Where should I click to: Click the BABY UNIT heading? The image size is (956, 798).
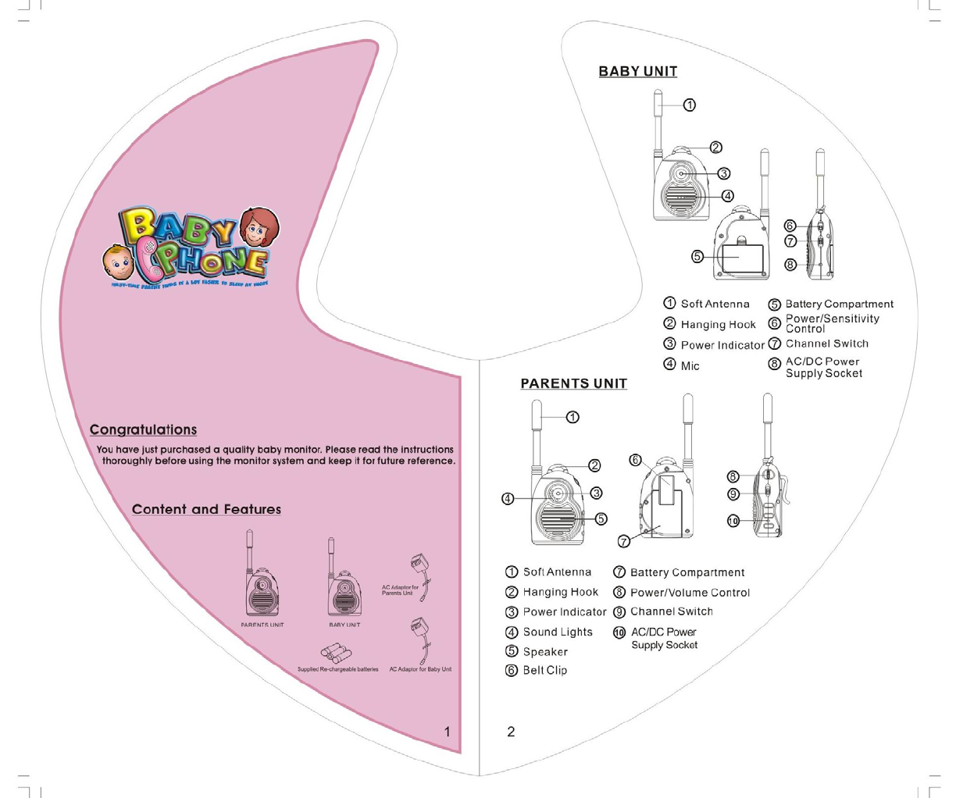[x=637, y=71]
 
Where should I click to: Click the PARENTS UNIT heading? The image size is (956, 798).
[x=573, y=383]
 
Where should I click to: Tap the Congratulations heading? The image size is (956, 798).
[x=143, y=429]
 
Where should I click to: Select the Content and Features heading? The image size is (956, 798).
[x=206, y=509]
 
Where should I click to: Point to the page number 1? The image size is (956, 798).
[x=447, y=732]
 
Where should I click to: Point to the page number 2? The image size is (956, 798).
[x=511, y=732]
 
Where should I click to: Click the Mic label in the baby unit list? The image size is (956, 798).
[x=690, y=365]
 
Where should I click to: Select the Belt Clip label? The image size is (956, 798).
[x=544, y=670]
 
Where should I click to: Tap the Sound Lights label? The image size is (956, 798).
[x=557, y=632]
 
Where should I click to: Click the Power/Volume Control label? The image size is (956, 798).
[x=690, y=593]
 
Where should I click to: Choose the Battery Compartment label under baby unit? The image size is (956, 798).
[x=839, y=304]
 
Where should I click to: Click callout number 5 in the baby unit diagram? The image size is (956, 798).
[x=697, y=256]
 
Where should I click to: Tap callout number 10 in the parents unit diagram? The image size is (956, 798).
[x=733, y=522]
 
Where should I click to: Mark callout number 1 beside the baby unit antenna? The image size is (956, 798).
[x=690, y=105]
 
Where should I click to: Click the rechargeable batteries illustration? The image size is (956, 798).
[x=336, y=653]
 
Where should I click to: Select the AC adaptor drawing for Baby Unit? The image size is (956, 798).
[x=420, y=638]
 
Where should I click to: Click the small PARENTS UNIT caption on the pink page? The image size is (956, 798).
[x=262, y=625]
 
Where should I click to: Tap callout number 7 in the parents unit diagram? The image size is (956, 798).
[x=623, y=541]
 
